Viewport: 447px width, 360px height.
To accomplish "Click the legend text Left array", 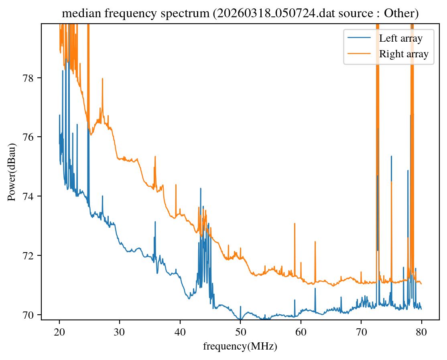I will [401, 38].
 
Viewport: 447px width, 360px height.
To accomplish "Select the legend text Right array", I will [404, 54].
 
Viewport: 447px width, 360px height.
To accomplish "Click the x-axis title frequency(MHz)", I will [240, 346].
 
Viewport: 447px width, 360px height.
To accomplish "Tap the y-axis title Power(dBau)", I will [12, 172].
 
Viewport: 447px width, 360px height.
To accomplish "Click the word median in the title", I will [76, 14].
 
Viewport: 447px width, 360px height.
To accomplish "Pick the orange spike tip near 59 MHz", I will [295, 223].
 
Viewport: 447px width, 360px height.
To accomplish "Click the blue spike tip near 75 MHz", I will [391, 156].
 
